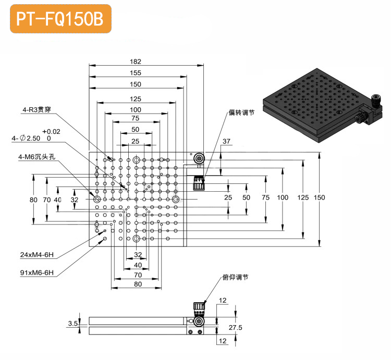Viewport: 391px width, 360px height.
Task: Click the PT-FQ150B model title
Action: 60,19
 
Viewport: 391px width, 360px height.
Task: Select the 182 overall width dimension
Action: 136,61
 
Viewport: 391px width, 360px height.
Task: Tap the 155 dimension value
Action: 136,73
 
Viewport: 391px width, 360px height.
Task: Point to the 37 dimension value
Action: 226,141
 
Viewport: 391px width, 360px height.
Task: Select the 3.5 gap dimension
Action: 73,324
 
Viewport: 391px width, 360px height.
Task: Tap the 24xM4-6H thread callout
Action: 36,255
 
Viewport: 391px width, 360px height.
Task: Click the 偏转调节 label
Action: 241,112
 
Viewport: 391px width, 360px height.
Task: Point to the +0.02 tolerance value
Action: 52,132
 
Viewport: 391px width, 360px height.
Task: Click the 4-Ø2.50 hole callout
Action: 27,139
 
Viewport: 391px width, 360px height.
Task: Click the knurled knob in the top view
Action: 199,183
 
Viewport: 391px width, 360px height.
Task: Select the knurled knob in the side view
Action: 199,309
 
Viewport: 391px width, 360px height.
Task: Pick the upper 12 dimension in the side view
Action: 223,300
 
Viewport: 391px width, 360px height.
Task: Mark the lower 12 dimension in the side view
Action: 223,341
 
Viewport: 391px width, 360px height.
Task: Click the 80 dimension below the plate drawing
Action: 138,284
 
